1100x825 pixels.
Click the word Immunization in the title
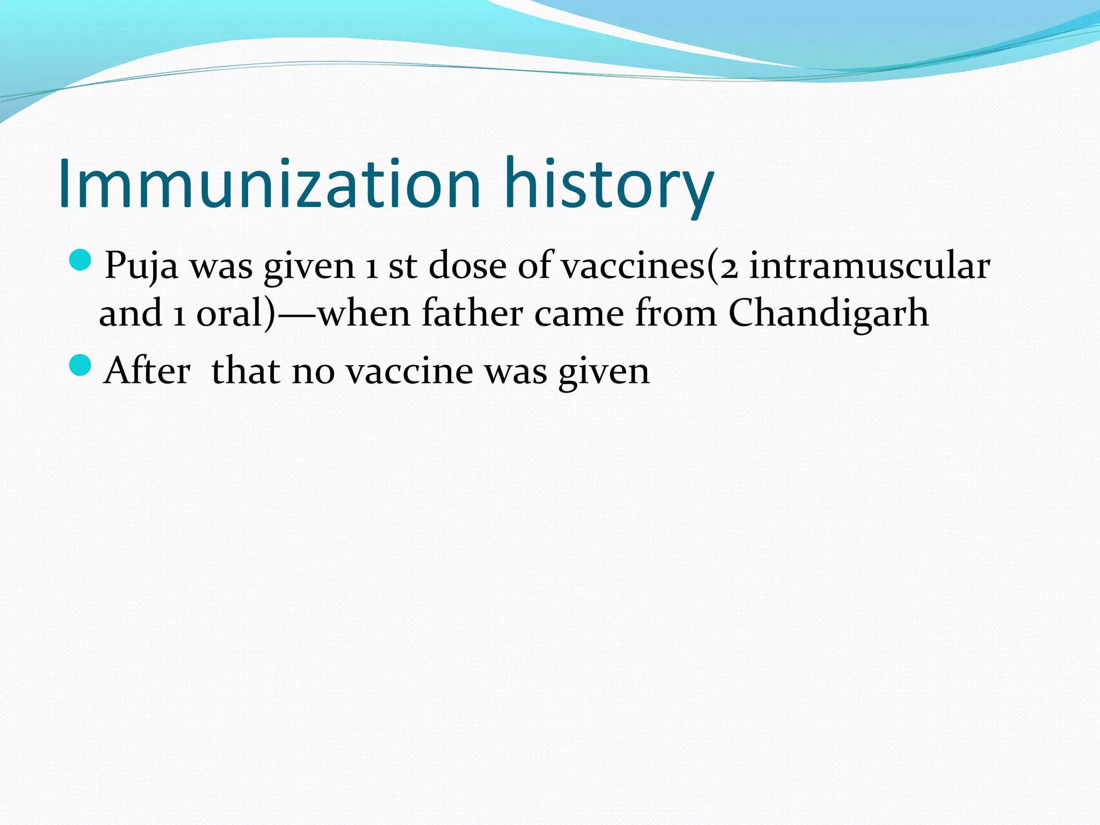(269, 184)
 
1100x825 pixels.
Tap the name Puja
(141, 265)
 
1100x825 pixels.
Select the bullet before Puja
(81, 260)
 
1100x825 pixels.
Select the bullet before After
(81, 365)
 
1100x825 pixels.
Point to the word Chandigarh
(828, 313)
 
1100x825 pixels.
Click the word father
(472, 313)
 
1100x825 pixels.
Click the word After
(147, 371)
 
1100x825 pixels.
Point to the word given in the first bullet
(309, 265)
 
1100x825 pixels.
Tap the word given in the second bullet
(604, 371)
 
